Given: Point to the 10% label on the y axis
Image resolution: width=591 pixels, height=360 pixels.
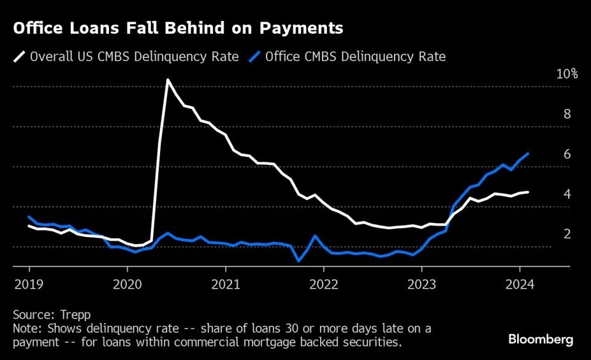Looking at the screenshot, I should pyautogui.click(x=567, y=74).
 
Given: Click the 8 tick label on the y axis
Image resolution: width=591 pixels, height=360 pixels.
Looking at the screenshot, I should pyautogui.click(x=567, y=114).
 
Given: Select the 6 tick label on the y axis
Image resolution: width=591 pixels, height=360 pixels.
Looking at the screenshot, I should pyautogui.click(x=567, y=154).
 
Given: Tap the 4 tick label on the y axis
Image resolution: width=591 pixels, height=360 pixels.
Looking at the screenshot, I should pyautogui.click(x=567, y=194).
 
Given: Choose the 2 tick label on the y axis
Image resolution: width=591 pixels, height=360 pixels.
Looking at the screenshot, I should pyautogui.click(x=567, y=234).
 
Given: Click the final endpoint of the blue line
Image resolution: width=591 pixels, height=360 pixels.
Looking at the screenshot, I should pyautogui.click(x=528, y=153).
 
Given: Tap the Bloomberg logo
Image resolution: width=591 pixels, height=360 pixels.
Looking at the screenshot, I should pyautogui.click(x=541, y=339).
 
